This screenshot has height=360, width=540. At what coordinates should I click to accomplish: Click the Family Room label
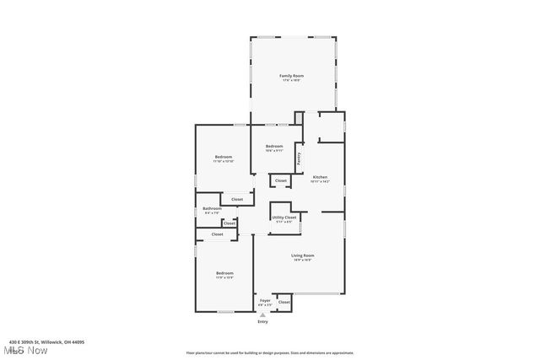pyautogui.click(x=292, y=76)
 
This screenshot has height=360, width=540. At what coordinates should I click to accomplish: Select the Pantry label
pyautogui.click(x=299, y=157)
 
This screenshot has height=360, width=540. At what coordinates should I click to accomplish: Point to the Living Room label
pyautogui.click(x=303, y=255)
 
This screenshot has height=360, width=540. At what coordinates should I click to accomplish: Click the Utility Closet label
pyautogui.click(x=284, y=218)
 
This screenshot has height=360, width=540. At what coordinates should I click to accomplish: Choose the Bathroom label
pyautogui.click(x=212, y=208)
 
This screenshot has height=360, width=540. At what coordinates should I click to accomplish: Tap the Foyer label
pyautogui.click(x=265, y=300)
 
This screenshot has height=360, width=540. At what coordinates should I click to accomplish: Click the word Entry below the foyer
pyautogui.click(x=262, y=321)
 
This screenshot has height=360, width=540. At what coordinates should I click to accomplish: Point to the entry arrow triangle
pyautogui.click(x=262, y=314)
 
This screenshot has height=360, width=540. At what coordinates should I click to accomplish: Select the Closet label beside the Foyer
pyautogui.click(x=284, y=302)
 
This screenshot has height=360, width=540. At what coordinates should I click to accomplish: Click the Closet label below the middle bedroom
pyautogui.click(x=280, y=180)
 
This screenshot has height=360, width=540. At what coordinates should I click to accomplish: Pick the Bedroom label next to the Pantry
pyautogui.click(x=274, y=146)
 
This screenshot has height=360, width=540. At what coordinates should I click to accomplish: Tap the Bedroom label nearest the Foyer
pyautogui.click(x=224, y=272)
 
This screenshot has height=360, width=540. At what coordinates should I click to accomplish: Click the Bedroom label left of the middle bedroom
pyautogui.click(x=223, y=157)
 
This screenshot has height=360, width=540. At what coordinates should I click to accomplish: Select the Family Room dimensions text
pyautogui.click(x=292, y=81)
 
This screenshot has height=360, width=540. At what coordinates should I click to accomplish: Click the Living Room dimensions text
pyautogui.click(x=303, y=261)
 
